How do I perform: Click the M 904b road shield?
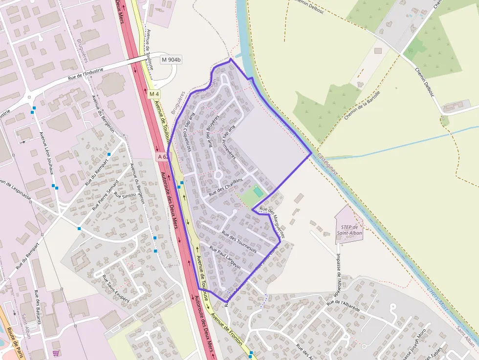[171, 60]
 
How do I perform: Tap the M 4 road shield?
[154, 94]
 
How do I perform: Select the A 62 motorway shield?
[164, 157]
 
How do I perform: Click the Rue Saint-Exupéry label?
[116, 288]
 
